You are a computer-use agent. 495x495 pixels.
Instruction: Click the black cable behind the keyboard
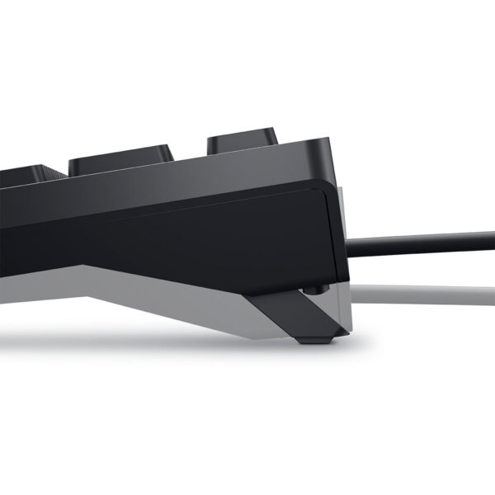click(x=421, y=239)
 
